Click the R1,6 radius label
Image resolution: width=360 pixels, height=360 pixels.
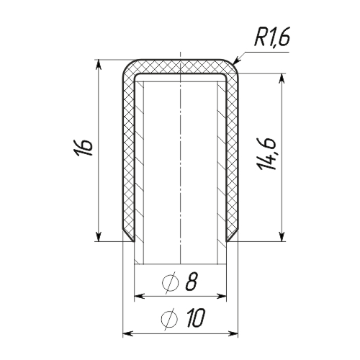(x=272, y=37)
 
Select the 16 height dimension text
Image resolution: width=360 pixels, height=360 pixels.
(x=84, y=147)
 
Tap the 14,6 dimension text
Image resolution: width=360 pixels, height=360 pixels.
(x=266, y=154)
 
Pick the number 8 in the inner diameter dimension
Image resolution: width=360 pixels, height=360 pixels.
(x=192, y=282)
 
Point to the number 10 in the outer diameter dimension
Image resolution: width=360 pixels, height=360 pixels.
(x=196, y=318)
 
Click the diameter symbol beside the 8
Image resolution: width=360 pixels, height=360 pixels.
(x=171, y=283)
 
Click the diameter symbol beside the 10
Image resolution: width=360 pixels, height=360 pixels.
(x=169, y=319)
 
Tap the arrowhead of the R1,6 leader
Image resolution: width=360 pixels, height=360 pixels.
(x=235, y=60)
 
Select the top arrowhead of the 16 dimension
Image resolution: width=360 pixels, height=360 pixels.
(x=99, y=65)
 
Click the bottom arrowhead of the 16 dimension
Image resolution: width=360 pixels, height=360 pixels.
(x=99, y=236)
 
